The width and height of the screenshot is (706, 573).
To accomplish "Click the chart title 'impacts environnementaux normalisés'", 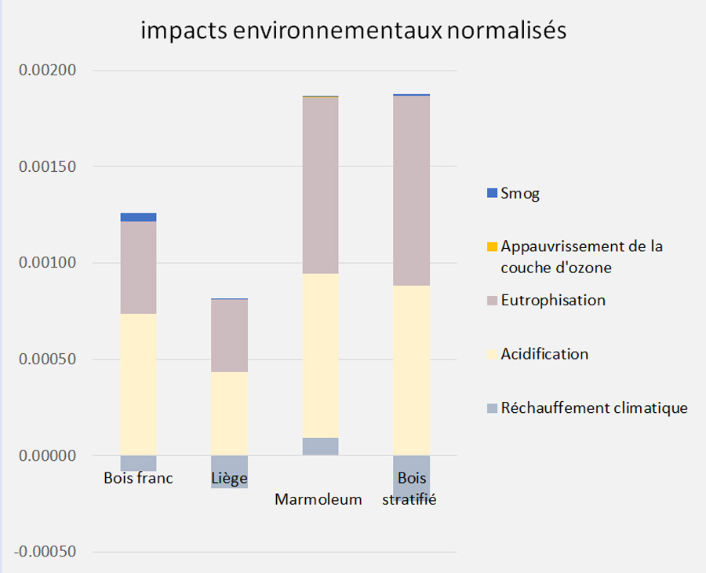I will point(353,31).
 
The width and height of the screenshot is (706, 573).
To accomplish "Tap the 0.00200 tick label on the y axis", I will point(48,71).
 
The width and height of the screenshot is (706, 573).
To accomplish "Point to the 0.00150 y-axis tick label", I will point(48,166).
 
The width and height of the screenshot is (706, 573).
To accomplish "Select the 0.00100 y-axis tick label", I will point(48,263).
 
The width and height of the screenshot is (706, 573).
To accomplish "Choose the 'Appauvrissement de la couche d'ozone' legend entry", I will point(581,257).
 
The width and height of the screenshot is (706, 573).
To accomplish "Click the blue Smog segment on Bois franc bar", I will point(138,217).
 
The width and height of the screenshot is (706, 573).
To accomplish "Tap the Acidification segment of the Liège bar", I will point(229,413).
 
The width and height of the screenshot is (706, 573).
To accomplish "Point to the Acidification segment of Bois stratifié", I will point(411,370).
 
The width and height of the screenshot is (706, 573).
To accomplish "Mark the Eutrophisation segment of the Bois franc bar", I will point(138,267).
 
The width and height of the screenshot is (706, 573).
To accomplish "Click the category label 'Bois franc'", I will point(138,478).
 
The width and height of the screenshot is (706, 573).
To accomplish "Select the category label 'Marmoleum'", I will point(318,499).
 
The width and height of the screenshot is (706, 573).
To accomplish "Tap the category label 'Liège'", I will point(229,478).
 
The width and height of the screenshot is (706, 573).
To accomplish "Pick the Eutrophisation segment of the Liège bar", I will point(229,335).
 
